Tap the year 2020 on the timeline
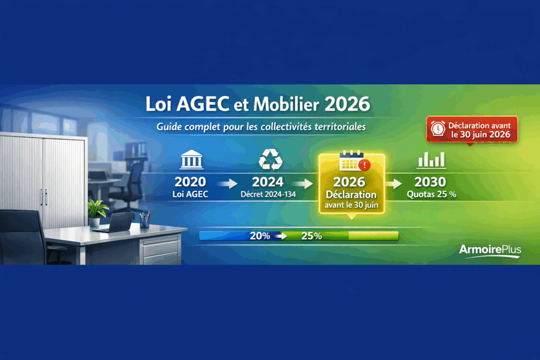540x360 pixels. coord(190,182)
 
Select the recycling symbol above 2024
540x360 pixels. coord(270,159)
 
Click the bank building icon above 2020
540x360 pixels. coord(190,159)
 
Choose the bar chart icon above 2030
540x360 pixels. coord(431,159)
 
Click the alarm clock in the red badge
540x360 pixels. coord(437,128)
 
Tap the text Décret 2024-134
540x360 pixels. coord(267,194)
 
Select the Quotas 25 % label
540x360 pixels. coord(431,194)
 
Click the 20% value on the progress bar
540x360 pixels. coord(260,236)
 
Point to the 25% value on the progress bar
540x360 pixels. coord(311,236)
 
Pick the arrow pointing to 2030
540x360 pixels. coord(395,183)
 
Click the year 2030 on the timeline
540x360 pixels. coord(430,182)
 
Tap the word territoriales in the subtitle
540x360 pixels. coord(339,128)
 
